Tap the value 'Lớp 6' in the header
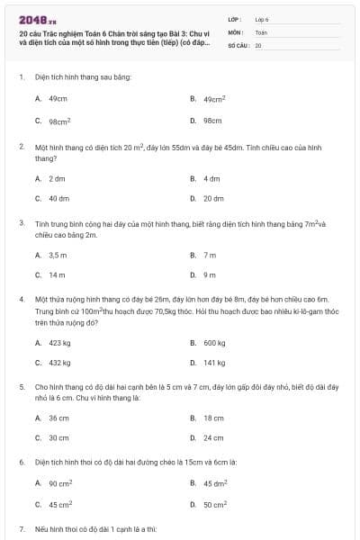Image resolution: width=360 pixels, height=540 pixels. (x=262, y=18)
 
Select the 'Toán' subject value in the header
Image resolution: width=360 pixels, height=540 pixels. (x=261, y=31)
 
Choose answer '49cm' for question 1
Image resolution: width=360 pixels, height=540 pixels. (x=58, y=99)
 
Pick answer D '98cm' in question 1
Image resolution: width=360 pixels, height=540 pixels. (x=212, y=120)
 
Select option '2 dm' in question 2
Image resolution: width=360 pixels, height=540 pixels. (x=58, y=178)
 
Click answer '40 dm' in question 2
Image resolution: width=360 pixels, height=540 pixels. (x=59, y=198)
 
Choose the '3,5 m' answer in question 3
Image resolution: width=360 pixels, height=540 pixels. (x=58, y=255)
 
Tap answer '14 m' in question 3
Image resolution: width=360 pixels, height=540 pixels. (x=58, y=274)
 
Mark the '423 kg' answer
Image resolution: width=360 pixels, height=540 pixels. (x=59, y=342)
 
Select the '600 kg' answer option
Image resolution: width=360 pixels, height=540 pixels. (x=214, y=342)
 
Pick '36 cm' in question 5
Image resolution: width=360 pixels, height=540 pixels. (x=58, y=418)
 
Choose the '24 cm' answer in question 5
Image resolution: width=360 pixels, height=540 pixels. (x=213, y=438)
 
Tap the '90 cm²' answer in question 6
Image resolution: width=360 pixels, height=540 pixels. (x=60, y=483)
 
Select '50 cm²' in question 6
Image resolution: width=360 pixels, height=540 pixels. (x=215, y=504)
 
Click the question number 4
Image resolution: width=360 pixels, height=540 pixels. (x=21, y=298)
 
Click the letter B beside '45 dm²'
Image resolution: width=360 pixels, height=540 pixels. (x=193, y=483)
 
